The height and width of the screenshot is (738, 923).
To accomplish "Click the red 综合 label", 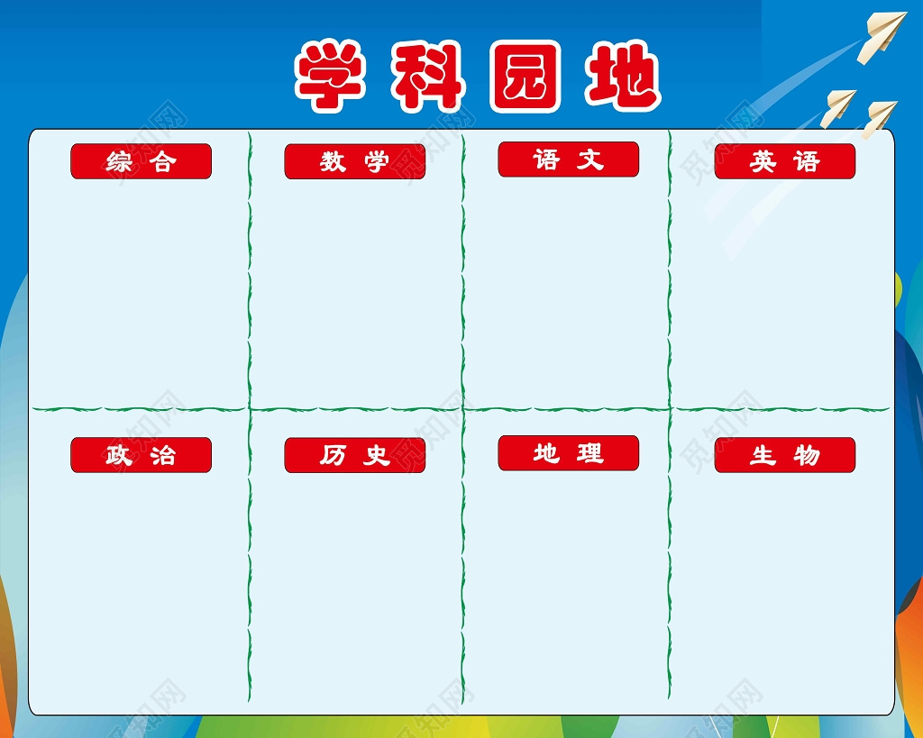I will coord(141,161).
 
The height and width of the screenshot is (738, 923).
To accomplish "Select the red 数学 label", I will coord(354,161).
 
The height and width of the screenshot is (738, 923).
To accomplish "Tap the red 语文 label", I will coord(568,159).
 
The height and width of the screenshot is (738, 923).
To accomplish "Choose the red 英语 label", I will coord(784,161).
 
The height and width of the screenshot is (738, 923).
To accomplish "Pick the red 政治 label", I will coord(141,455).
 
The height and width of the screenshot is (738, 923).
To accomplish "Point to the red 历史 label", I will coord(354,455).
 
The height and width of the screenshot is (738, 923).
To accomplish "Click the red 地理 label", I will coord(568,453).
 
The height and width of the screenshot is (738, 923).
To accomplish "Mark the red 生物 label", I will coord(784,455).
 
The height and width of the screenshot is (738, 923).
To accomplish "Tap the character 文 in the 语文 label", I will coord(590,160).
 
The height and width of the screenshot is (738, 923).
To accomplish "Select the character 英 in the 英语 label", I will coord(763,162).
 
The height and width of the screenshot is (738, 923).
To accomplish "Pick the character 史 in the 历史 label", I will coord(377,456).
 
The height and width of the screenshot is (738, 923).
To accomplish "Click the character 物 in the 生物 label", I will coord(807,456).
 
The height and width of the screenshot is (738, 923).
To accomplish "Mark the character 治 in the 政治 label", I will coord(163,456).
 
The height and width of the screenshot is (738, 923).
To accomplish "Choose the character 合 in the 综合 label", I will coord(163,162).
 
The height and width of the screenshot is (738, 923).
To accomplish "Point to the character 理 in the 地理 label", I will coord(590,454).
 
